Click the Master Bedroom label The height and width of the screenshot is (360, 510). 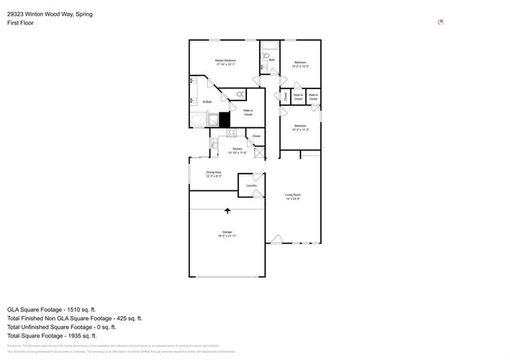click(225, 63)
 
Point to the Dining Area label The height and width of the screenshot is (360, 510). click(214, 174)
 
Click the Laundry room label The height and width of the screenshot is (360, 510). click(251, 186)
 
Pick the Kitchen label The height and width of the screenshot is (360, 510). click(237, 151)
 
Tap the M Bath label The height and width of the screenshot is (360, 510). click(206, 101)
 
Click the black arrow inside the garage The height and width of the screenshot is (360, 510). click(229, 211)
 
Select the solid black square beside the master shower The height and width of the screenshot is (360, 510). click(225, 120)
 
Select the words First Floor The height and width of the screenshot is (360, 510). click(22, 22)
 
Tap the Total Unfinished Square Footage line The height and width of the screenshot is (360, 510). click(62, 326)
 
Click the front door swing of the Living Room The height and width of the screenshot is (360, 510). click(276, 238)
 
